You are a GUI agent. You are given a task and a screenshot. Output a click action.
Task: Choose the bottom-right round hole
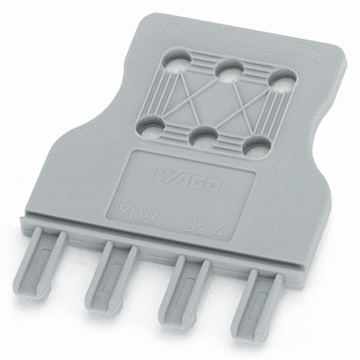tap(251, 143)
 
